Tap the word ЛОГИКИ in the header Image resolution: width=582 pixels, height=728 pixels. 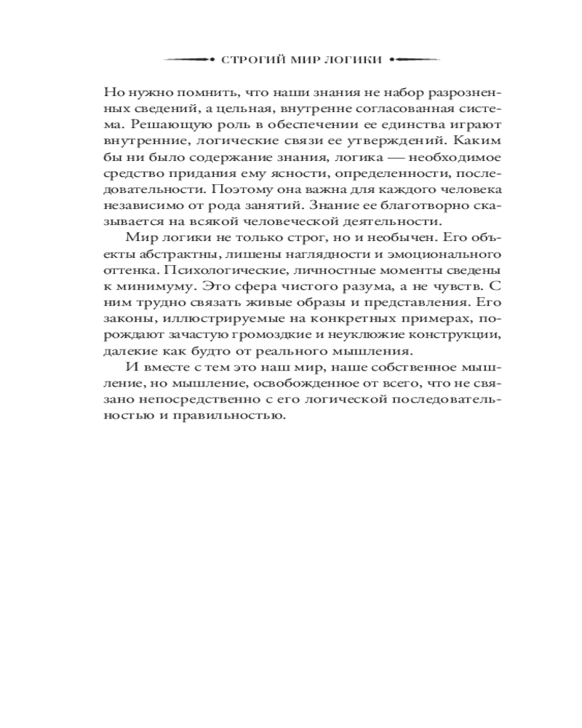(x=355, y=60)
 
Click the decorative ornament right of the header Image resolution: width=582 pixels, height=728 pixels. (x=415, y=60)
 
